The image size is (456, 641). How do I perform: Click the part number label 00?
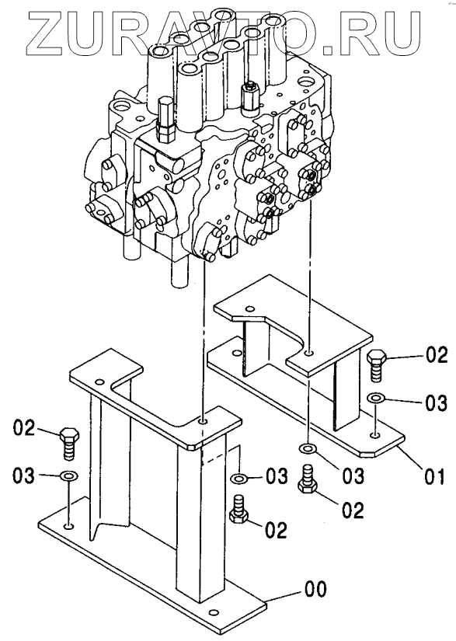coord(315,590)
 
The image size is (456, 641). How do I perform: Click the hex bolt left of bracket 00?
coord(68,443)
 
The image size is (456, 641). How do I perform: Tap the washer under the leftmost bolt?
coord(69,476)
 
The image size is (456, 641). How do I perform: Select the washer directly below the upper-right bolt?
coord(374,397)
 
